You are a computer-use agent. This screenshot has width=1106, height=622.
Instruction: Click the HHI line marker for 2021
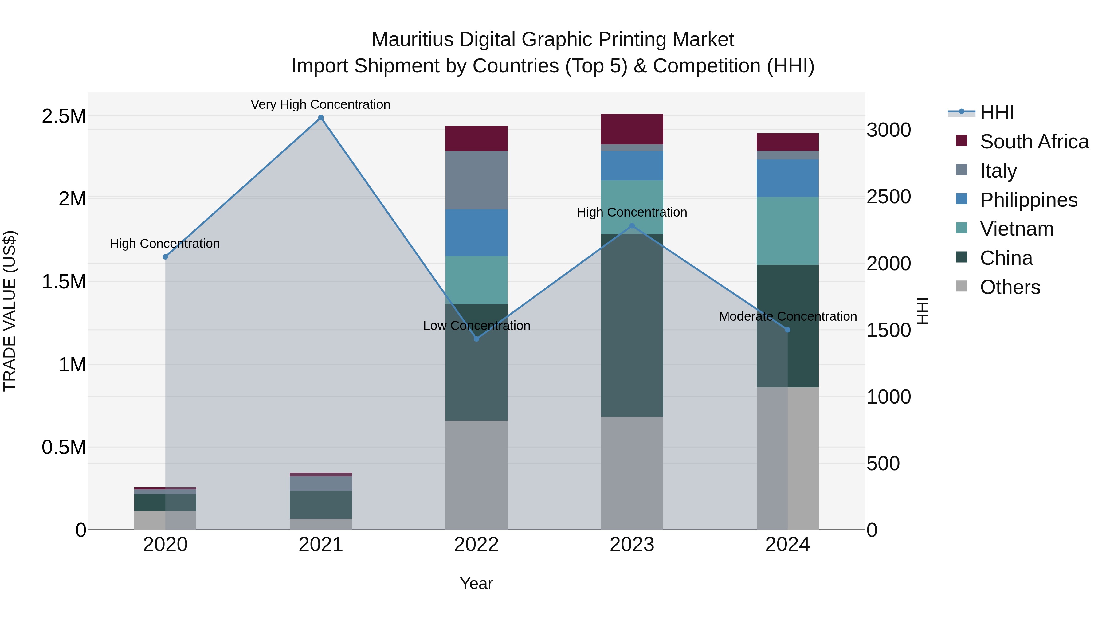coord(321,118)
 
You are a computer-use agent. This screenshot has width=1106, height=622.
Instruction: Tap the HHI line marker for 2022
coord(476,339)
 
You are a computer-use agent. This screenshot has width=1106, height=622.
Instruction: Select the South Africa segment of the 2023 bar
coord(632,129)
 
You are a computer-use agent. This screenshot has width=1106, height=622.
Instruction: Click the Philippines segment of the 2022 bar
coord(476,233)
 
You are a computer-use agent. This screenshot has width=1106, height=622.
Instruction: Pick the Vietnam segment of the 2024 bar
coord(787,230)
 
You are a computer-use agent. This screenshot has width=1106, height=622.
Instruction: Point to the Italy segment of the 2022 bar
coord(476,180)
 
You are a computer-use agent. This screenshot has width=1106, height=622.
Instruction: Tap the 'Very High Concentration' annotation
coord(320,104)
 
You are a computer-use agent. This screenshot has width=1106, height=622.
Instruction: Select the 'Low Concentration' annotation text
coord(476,325)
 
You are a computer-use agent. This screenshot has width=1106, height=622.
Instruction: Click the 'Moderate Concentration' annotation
coord(787,316)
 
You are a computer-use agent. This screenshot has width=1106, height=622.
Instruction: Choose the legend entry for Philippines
coord(1028,200)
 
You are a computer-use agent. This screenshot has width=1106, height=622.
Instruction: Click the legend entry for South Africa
coord(1034,142)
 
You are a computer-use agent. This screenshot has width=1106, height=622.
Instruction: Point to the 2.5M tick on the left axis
coord(64,116)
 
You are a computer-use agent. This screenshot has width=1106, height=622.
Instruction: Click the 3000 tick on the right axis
coord(888,130)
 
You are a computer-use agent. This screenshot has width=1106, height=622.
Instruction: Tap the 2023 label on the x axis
coord(632,545)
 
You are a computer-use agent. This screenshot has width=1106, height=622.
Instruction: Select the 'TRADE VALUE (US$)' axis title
coord(10,311)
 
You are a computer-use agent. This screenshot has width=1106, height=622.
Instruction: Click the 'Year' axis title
coord(476,583)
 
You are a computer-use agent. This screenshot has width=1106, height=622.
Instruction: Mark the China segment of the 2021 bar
coord(321,504)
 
